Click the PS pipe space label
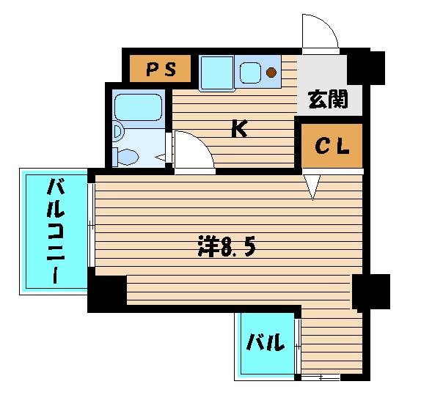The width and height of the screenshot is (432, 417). click(x=161, y=70)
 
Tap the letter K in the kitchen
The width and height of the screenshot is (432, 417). click(x=239, y=128)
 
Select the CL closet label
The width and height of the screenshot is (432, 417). click(x=332, y=146)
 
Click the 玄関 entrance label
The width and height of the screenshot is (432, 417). click(x=328, y=99)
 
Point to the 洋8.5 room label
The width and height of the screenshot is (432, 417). click(x=227, y=246)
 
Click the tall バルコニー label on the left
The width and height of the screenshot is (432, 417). click(x=56, y=231)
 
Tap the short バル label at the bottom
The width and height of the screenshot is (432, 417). click(x=265, y=342)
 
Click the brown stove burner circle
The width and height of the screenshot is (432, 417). click(x=271, y=72)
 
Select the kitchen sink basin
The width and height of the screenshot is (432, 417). click(x=250, y=73)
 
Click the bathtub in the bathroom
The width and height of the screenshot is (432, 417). click(x=138, y=107)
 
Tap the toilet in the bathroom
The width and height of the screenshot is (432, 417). click(x=125, y=157)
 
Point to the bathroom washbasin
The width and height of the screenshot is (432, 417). click(x=118, y=132)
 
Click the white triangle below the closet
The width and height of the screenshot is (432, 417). click(x=312, y=187)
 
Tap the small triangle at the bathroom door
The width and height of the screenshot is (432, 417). click(x=161, y=158)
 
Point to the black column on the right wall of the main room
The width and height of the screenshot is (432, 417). click(x=371, y=292)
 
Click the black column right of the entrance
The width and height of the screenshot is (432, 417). click(x=366, y=67)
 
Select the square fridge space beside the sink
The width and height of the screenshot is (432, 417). click(x=217, y=73)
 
